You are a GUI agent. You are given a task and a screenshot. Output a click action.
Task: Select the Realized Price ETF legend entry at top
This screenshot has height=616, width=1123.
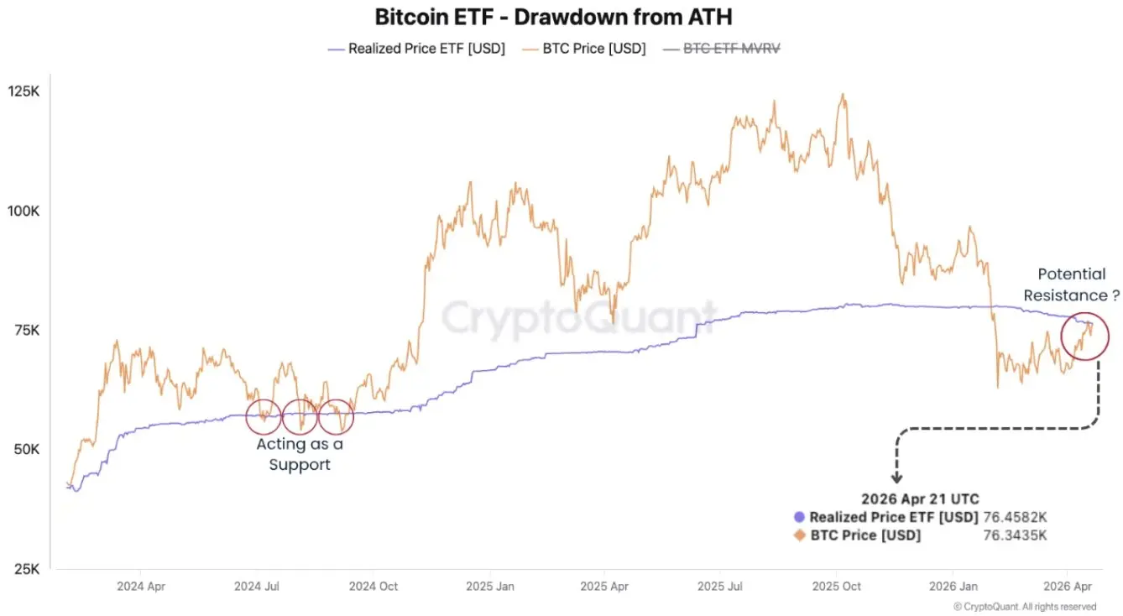point(416,49)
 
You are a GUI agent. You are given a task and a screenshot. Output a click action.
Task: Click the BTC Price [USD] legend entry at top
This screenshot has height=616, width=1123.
point(585,49)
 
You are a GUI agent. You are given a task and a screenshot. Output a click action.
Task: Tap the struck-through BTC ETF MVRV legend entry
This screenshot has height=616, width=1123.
point(723,49)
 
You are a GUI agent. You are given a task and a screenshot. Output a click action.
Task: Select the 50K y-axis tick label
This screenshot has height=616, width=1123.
point(27,449)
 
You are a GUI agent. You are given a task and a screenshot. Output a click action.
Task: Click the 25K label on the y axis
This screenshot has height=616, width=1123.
point(27,568)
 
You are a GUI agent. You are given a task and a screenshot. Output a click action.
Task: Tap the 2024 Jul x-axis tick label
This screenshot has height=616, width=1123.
point(258,587)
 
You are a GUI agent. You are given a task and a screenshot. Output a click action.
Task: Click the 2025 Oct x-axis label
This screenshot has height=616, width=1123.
point(836,587)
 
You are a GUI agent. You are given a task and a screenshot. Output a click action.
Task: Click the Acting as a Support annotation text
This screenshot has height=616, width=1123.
point(300,454)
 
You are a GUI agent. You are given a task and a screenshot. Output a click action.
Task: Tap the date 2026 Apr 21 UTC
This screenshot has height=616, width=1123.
point(920,499)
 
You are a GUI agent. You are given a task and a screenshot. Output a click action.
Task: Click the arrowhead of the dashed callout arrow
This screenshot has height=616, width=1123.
point(897,480)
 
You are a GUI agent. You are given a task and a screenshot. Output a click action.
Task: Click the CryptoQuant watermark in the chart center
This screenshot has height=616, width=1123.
point(579,319)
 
